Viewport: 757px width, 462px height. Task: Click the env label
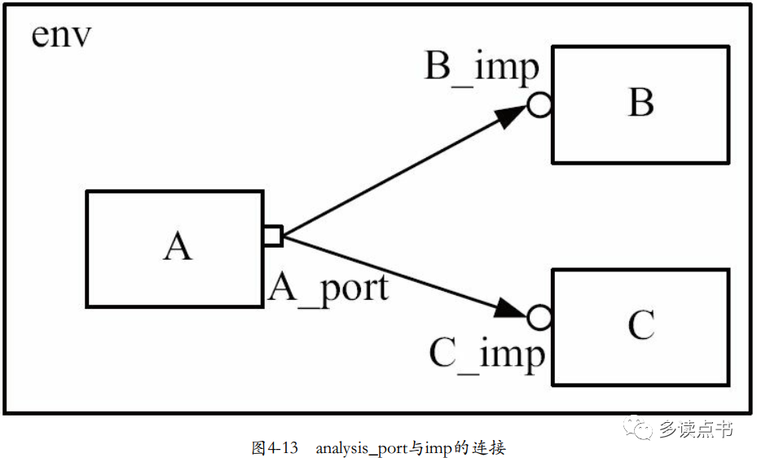[x=61, y=35]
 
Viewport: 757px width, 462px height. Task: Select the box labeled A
[x=174, y=249]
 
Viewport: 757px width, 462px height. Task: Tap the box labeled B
[x=640, y=105]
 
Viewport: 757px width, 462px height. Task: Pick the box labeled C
[x=640, y=328]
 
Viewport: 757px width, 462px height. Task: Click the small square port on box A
[x=273, y=236]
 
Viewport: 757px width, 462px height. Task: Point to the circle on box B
[x=539, y=105]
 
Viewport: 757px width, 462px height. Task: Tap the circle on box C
[x=539, y=318]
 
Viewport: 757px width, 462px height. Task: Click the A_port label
[x=328, y=289]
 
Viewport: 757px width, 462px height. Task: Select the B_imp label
[x=482, y=68]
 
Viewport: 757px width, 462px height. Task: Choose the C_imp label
[x=486, y=354]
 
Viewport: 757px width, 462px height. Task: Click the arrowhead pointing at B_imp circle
[x=510, y=116]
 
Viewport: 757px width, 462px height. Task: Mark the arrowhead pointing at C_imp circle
[x=510, y=309]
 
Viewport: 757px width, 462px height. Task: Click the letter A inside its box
[x=178, y=246]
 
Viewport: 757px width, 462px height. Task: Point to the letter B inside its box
[x=641, y=102]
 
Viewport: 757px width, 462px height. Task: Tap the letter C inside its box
[x=641, y=324]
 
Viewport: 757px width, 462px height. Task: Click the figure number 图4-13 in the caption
[x=275, y=448]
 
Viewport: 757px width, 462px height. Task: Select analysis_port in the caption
[x=362, y=449]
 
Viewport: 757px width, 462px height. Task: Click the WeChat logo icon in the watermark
[x=638, y=427]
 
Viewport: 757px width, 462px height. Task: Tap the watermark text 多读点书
[x=696, y=429]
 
